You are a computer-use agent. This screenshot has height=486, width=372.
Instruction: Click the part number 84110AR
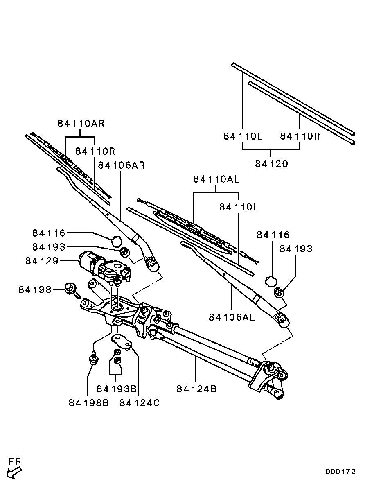click(81, 123)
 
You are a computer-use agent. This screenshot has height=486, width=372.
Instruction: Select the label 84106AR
click(121, 165)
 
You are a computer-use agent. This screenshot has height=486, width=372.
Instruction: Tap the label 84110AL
click(216, 179)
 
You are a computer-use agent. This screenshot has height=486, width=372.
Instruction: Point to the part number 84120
click(271, 164)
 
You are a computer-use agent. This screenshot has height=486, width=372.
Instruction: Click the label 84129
click(42, 261)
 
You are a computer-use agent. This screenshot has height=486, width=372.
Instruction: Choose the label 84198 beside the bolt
click(35, 289)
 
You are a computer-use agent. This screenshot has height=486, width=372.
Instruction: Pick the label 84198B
click(88, 402)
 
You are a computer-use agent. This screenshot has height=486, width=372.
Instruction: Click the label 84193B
click(117, 389)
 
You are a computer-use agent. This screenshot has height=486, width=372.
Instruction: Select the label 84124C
click(140, 402)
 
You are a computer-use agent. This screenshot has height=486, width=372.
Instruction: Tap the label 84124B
click(196, 389)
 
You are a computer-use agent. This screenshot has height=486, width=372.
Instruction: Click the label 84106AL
click(232, 317)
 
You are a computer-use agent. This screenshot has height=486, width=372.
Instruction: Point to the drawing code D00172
click(340, 472)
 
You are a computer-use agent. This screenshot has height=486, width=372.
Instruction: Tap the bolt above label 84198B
click(92, 358)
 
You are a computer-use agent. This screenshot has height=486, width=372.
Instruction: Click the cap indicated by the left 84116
click(116, 241)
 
